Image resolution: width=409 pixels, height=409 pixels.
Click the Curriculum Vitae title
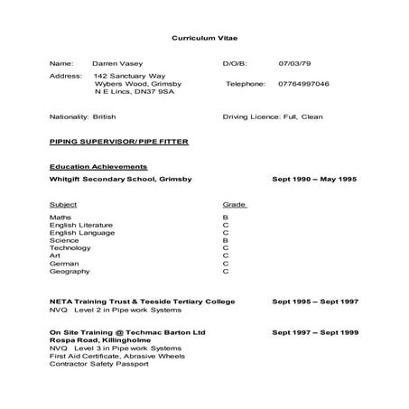[205, 39]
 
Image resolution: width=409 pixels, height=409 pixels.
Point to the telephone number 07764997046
[304, 83]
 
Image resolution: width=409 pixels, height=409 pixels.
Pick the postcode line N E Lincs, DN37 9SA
[135, 92]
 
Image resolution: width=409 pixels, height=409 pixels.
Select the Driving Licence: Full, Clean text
[271, 117]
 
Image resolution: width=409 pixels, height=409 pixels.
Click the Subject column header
[63, 204]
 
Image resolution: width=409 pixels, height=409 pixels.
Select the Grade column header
[234, 204]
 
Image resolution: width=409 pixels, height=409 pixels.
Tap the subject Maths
[60, 218]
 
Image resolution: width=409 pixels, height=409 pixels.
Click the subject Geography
[70, 271]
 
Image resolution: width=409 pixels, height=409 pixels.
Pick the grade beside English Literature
[225, 226]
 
